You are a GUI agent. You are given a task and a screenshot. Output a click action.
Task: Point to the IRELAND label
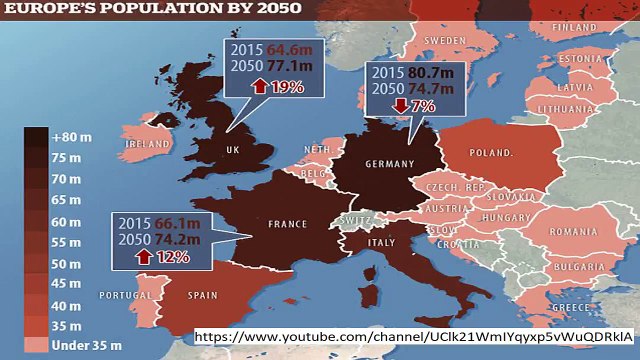point(146,144)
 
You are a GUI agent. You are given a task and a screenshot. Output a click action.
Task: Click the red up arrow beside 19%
point(262,87)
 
